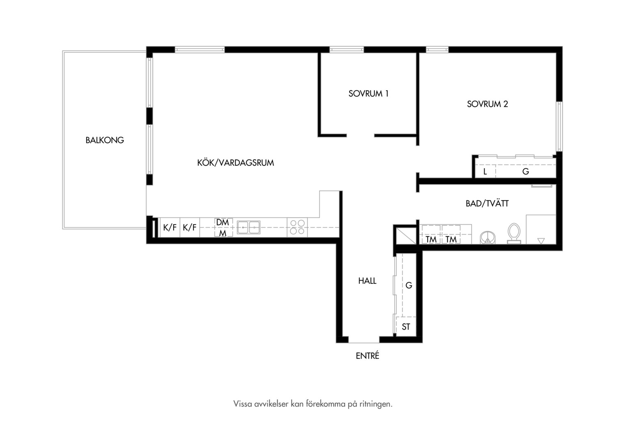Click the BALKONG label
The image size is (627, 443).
(x=105, y=140)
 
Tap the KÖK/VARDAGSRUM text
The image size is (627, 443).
(x=236, y=163)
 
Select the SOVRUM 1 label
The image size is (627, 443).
(x=368, y=94)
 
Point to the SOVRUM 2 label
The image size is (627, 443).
(x=487, y=104)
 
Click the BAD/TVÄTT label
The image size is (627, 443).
(x=487, y=203)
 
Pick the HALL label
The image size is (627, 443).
(x=367, y=281)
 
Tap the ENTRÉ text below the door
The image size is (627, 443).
(x=367, y=356)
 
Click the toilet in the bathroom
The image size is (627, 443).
(x=514, y=233)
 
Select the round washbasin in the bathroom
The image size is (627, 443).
(x=487, y=237)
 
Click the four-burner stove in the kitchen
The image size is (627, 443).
(x=297, y=227)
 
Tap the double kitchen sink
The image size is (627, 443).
(x=249, y=227)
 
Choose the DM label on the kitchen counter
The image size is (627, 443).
(x=222, y=222)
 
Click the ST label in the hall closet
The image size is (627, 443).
(x=406, y=327)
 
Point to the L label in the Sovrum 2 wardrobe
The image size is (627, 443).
(x=485, y=171)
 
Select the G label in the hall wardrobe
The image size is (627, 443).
(x=409, y=285)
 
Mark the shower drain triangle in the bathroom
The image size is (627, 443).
(x=541, y=241)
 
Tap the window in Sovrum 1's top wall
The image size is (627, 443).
(x=346, y=50)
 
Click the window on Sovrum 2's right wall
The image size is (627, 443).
(x=559, y=126)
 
